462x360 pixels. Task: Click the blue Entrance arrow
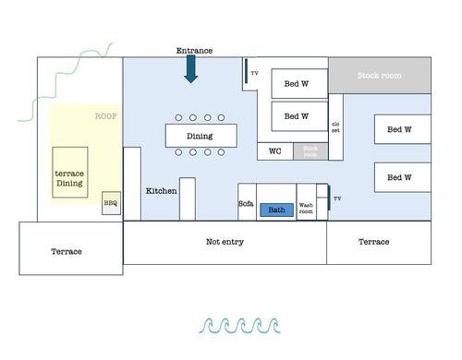[191, 69]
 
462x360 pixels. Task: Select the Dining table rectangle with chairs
[200, 136]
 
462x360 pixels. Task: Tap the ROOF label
[107, 116]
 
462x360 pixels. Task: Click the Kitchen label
[161, 191]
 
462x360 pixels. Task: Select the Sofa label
[246, 203]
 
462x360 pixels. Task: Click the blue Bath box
[276, 210]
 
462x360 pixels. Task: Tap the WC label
[275, 150]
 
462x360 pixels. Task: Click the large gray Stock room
[380, 75]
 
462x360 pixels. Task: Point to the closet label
[335, 128]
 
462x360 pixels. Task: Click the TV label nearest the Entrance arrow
[254, 72]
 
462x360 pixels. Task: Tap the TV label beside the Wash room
[337, 198]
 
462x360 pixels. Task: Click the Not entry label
[225, 241]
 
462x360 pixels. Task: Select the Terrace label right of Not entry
[373, 242]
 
